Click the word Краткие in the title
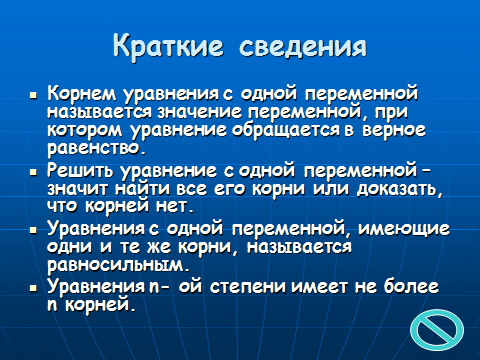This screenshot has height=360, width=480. [169, 46]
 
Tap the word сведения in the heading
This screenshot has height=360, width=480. [303, 47]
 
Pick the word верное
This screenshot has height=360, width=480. [394, 130]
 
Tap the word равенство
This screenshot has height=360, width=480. [97, 148]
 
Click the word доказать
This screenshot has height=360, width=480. [400, 190]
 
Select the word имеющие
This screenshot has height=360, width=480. [404, 229]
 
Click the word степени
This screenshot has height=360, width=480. [248, 287]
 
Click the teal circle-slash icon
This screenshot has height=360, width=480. [437, 330]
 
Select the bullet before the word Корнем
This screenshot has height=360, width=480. [33, 96]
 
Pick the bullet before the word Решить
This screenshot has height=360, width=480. [33, 172]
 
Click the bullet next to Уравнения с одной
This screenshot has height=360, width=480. [33, 230]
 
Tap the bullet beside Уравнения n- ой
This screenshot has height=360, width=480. [33, 288]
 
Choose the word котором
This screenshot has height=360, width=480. [85, 130]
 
